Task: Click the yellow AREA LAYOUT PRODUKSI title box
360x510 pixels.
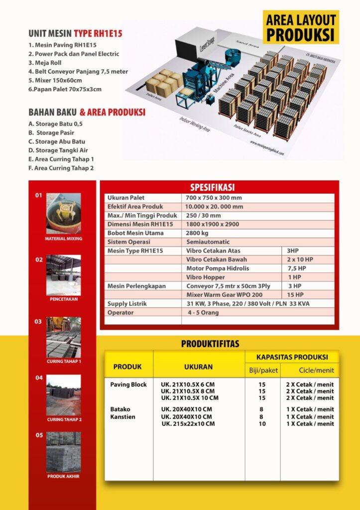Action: [301, 28]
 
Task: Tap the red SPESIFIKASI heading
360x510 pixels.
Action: [219, 187]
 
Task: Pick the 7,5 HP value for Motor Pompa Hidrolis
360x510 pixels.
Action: [297, 268]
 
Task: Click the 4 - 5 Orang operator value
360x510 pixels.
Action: [203, 313]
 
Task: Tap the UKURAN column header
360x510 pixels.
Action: [198, 367]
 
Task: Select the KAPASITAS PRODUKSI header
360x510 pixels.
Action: [292, 357]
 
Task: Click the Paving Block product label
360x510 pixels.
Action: [128, 385]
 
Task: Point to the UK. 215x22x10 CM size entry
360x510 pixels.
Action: [188, 424]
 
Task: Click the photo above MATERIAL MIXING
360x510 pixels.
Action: [63, 214]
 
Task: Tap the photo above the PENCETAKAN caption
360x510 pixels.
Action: [63, 275]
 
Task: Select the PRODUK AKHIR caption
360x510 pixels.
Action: [64, 476]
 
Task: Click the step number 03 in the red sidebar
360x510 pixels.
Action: [38, 322]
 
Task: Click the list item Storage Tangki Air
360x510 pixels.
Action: [57, 150]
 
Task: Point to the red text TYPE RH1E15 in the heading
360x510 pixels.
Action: [98, 34]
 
